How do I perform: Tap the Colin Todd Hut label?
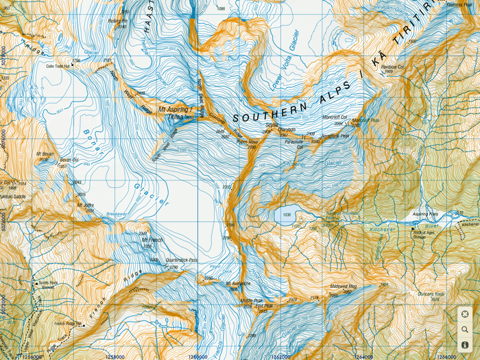click(59, 67)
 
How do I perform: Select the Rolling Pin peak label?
click(118, 21)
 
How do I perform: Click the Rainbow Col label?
click(392, 67)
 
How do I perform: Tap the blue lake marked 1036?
click(286, 214)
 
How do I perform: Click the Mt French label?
click(152, 240)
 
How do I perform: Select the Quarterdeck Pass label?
click(181, 260)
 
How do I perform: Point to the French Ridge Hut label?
click(69, 323)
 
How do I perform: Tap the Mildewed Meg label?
click(344, 287)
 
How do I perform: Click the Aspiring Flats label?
click(425, 214)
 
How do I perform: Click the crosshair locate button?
click(465, 315)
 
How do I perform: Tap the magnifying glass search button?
click(465, 330)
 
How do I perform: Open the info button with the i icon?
click(465, 345)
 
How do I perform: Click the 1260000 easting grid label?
click(197, 356)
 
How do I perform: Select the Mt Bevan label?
click(47, 154)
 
